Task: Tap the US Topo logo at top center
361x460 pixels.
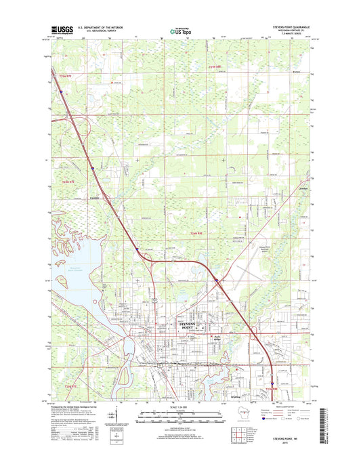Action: tap(179, 30)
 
